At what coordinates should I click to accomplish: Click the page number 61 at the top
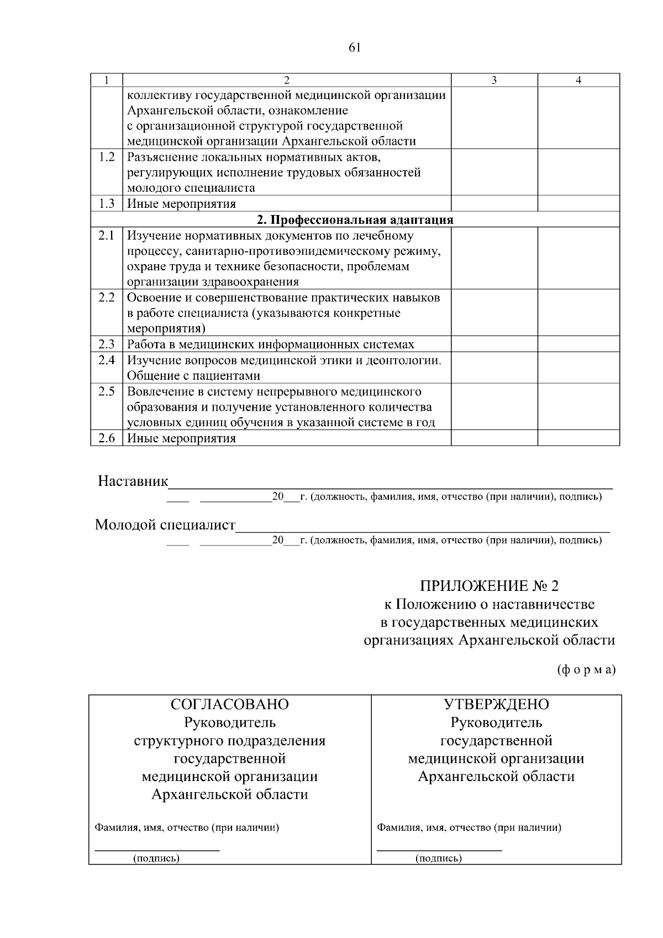point(355,48)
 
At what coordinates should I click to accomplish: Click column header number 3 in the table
point(494,80)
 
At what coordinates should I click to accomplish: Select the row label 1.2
point(107,158)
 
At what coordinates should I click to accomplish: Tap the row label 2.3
point(107,344)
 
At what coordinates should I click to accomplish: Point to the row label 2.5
point(107,392)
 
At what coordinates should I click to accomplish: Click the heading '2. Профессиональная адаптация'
point(355,220)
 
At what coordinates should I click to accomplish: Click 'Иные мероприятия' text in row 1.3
point(181,204)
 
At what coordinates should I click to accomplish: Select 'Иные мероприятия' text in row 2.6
point(181,439)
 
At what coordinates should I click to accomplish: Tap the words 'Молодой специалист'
point(165,525)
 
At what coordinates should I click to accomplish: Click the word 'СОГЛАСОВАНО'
point(230,705)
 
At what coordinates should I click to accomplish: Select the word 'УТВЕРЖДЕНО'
point(496,705)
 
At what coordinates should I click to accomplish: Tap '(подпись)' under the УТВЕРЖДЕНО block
point(439,858)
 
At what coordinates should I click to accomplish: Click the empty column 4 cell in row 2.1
point(578,259)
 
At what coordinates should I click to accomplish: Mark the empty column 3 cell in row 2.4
point(494,368)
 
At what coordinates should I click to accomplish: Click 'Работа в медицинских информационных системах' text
point(271,344)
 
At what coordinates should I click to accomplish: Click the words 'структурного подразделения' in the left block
point(230,741)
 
